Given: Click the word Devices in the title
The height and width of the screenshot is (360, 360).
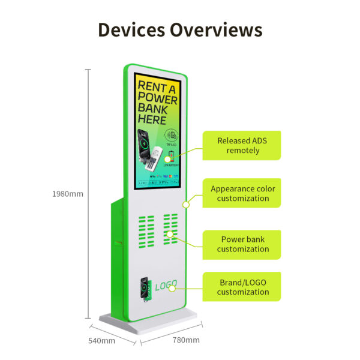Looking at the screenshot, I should [x=131, y=30].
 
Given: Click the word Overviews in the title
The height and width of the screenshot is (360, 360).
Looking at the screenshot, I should [x=215, y=30].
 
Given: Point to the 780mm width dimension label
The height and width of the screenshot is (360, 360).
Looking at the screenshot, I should [x=185, y=340].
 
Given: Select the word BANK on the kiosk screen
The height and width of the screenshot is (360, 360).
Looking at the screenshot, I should [x=153, y=108].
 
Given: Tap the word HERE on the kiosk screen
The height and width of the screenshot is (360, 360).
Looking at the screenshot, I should [x=153, y=119].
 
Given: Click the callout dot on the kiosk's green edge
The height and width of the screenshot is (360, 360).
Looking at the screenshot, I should [x=186, y=204].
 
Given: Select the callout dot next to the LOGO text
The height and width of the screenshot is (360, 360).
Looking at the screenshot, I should [x=172, y=288].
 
